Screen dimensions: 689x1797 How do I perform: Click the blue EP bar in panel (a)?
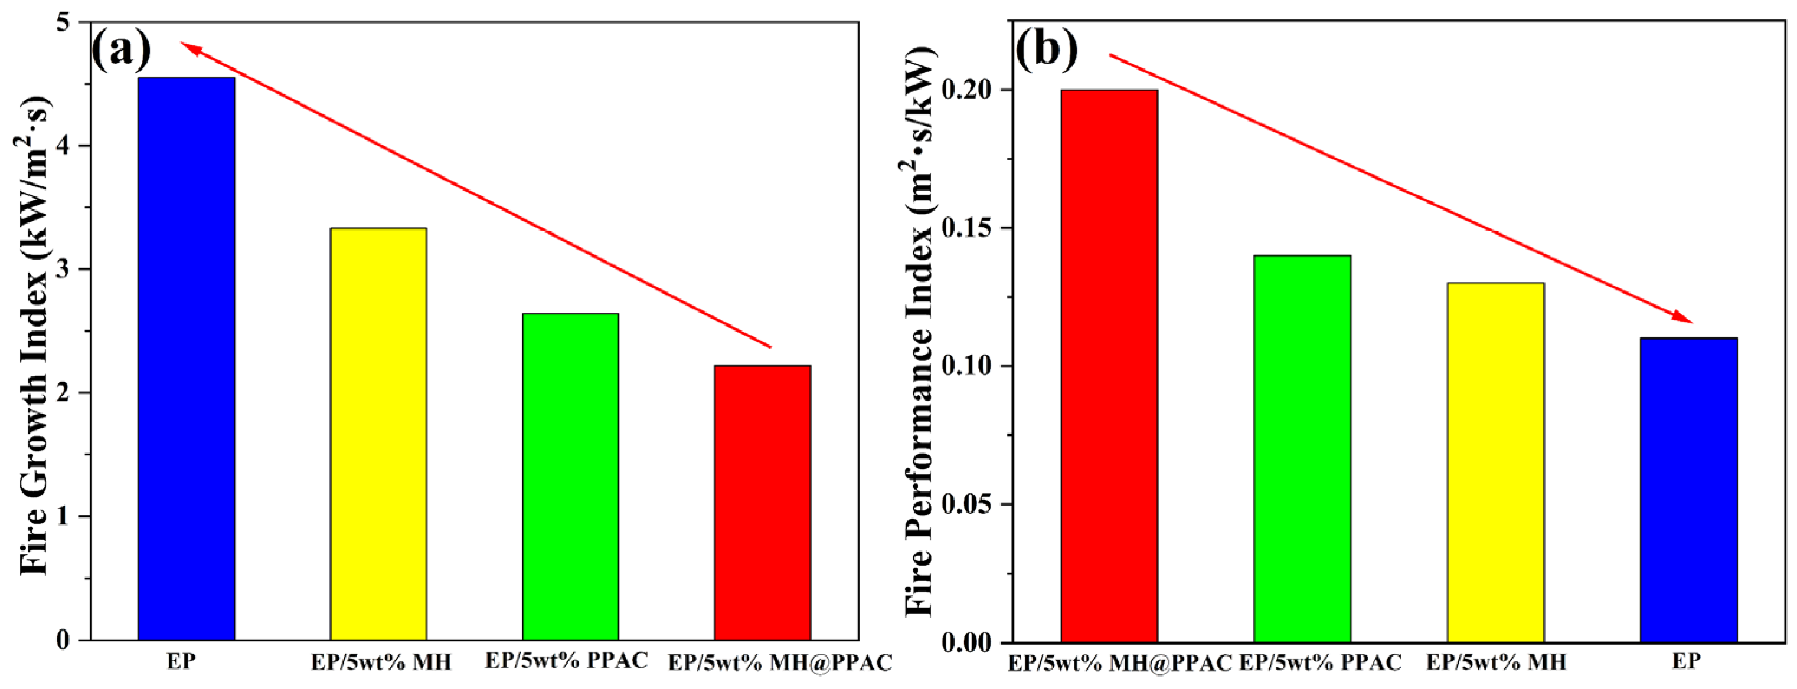click(187, 359)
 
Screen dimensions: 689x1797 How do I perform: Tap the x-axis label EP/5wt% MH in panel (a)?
click(381, 662)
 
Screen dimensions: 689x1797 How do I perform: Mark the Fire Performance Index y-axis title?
click(919, 332)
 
